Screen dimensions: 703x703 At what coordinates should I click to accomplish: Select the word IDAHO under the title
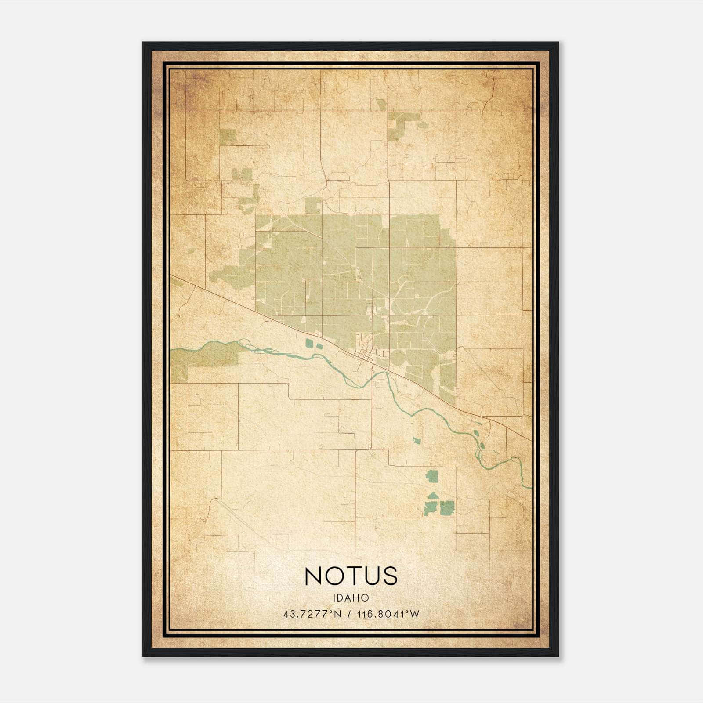click(351, 598)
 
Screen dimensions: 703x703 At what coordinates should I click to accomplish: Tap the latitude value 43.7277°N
click(312, 614)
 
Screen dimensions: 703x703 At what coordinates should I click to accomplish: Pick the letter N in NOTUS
click(314, 576)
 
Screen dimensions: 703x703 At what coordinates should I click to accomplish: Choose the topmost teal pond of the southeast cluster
click(432, 475)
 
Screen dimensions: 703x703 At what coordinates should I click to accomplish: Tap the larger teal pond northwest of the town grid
click(310, 343)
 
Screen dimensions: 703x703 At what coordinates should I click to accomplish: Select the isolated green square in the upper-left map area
click(228, 137)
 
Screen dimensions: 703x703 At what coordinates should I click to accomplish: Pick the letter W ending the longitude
click(415, 614)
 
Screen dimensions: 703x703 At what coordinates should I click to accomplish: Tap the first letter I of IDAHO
click(335, 598)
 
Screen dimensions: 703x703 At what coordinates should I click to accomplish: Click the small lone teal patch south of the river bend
click(416, 439)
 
